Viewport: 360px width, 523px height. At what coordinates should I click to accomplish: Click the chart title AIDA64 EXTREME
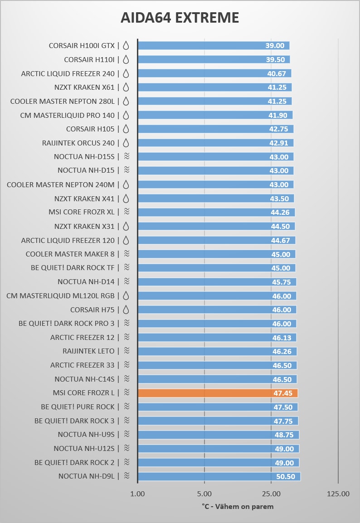[x=180, y=18]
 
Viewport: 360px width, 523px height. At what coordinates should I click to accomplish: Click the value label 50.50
[x=286, y=477]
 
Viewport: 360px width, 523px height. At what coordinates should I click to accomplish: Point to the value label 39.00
[x=275, y=46]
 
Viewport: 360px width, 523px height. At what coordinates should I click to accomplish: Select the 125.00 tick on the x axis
[x=338, y=494]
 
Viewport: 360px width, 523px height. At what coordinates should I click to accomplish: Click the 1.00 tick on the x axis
[x=137, y=494]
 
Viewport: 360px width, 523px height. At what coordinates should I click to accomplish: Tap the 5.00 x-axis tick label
[x=204, y=494]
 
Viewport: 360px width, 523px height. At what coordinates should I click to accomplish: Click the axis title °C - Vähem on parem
[x=238, y=506]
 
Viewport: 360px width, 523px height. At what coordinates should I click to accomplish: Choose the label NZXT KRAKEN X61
[x=84, y=87]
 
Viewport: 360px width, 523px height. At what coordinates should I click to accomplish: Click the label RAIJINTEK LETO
[x=88, y=351]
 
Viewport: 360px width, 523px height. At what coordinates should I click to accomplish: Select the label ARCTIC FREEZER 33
[x=83, y=365]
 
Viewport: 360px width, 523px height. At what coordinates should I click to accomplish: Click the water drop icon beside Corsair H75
[x=126, y=310]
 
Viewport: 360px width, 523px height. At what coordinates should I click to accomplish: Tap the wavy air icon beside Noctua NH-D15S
[x=126, y=156]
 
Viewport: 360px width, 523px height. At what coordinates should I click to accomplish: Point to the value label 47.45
[x=282, y=393]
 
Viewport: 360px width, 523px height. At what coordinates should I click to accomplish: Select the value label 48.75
[x=284, y=435]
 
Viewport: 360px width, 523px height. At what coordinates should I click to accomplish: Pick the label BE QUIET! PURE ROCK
[x=78, y=407]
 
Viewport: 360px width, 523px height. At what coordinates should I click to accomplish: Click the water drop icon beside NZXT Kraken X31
[x=126, y=226]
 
